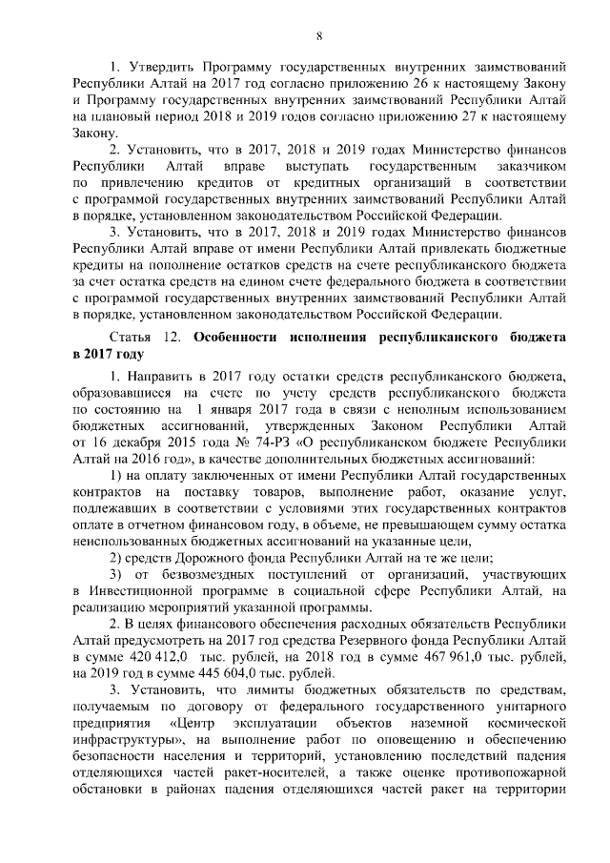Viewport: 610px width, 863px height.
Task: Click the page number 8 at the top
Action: pos(319,35)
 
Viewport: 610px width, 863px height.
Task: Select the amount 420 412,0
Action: pos(147,658)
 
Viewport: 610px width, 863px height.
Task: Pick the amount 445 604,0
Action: pos(200,674)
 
